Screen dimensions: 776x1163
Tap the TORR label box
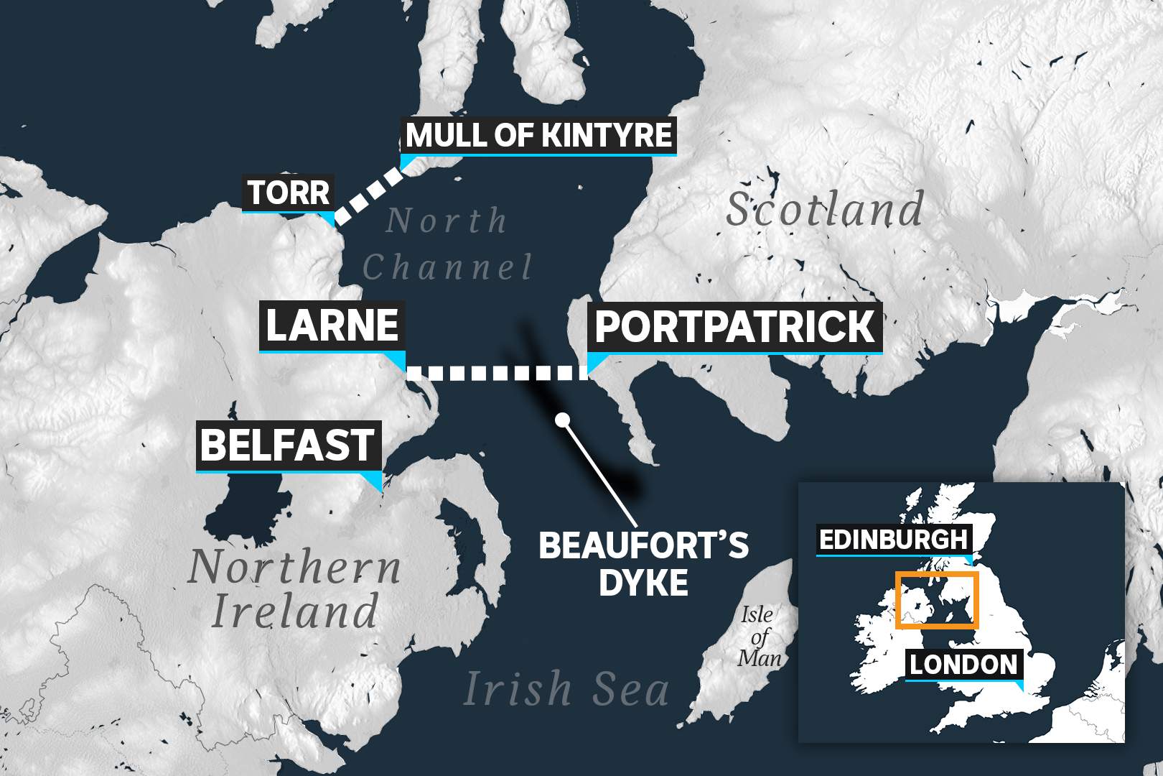[x=289, y=193]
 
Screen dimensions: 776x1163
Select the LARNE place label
[x=332, y=325]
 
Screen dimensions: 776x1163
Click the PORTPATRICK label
[x=734, y=327]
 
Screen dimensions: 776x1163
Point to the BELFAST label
[x=287, y=445]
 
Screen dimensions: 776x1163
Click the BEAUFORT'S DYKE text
[x=643, y=563]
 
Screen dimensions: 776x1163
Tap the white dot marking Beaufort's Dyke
[x=562, y=419]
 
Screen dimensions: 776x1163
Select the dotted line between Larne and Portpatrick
[x=495, y=372]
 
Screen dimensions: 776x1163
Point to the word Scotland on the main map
[x=824, y=210]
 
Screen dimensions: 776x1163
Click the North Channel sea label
[x=447, y=244]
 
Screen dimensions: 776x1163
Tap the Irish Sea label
[x=566, y=688]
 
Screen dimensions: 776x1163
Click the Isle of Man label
[x=758, y=635]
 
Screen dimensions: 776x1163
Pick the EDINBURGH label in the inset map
[x=893, y=540]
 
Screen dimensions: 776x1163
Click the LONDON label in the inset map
[x=963, y=665]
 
